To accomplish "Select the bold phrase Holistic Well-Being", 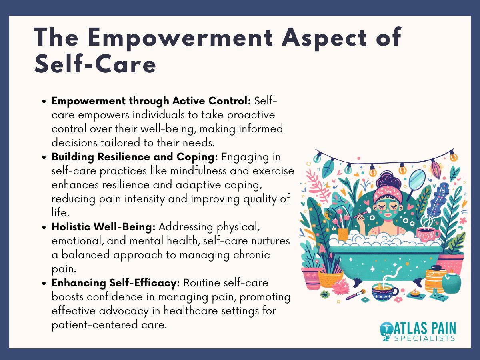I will [104, 227].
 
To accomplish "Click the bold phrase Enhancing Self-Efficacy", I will [116, 283].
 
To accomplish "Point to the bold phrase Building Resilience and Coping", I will [135, 157].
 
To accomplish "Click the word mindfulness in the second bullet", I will [192, 171].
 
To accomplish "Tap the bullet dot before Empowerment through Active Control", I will [45, 102].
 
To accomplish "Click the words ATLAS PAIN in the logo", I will [425, 328].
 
